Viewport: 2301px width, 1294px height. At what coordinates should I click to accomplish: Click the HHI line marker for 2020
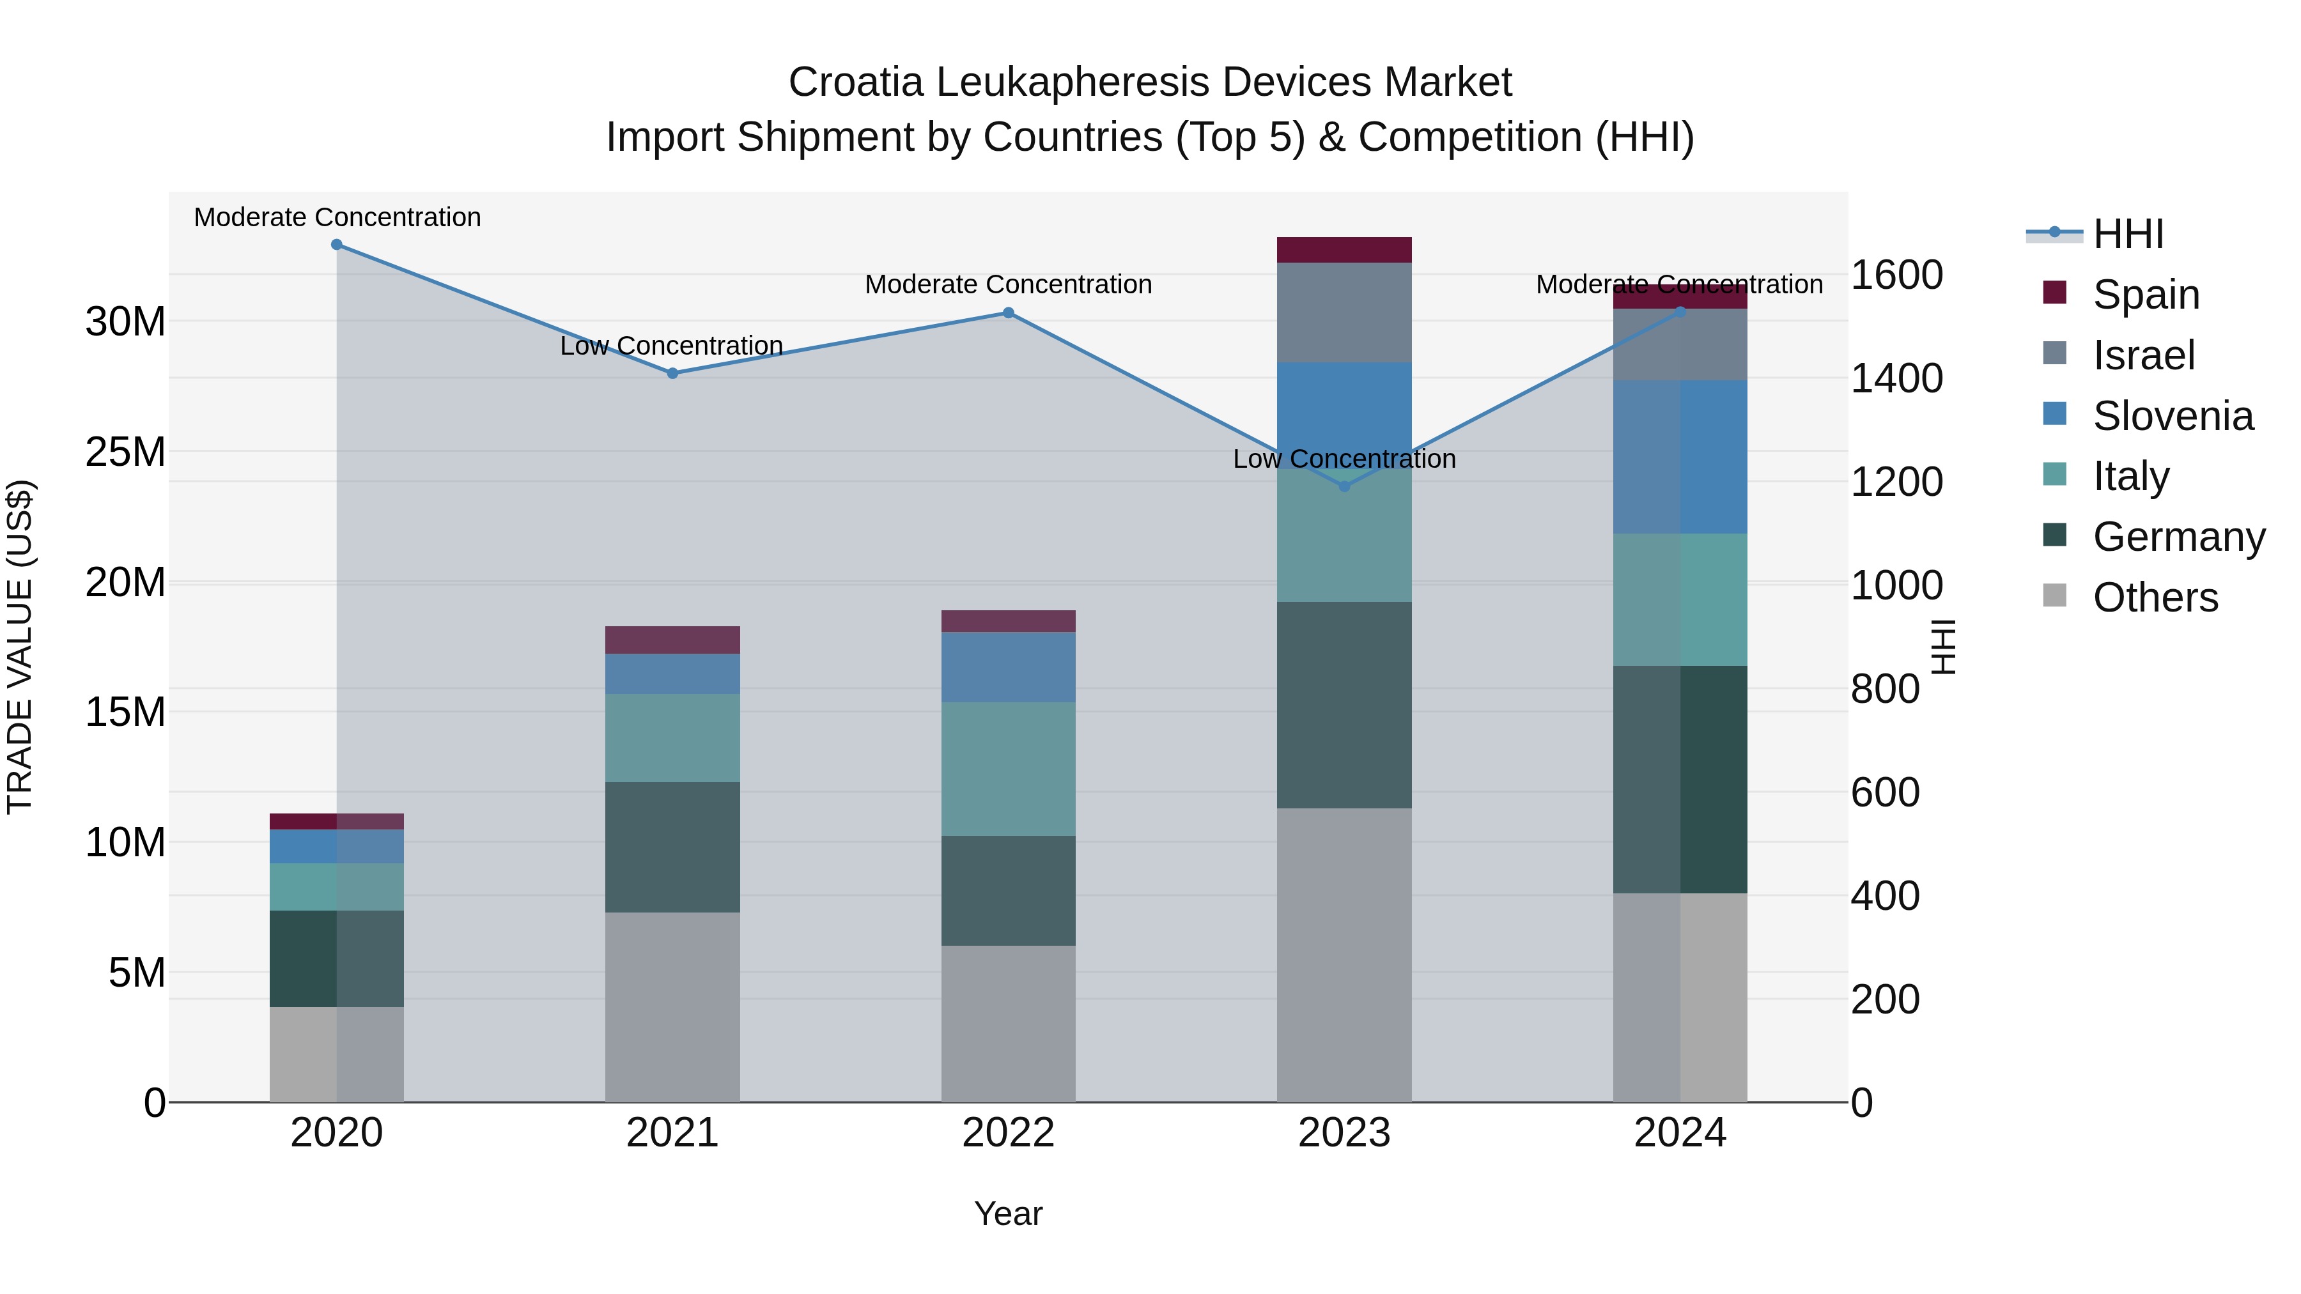(x=337, y=245)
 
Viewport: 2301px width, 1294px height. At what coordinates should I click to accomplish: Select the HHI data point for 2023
(x=1344, y=487)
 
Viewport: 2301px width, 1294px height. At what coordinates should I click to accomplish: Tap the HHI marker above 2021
(x=672, y=373)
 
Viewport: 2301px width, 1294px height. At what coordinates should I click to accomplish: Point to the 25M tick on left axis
(x=125, y=452)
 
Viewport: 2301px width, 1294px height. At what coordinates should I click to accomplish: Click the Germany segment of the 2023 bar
(x=1344, y=705)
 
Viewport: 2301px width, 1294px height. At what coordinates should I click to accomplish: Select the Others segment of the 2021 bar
(x=672, y=1006)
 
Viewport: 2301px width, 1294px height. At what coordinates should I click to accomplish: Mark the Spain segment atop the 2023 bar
(x=1344, y=250)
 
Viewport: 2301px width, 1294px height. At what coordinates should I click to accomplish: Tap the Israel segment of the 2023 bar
(x=1344, y=312)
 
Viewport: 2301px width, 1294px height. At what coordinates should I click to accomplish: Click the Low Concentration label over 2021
(x=671, y=346)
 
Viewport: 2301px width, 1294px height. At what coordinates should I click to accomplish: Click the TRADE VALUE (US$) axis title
(x=20, y=647)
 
